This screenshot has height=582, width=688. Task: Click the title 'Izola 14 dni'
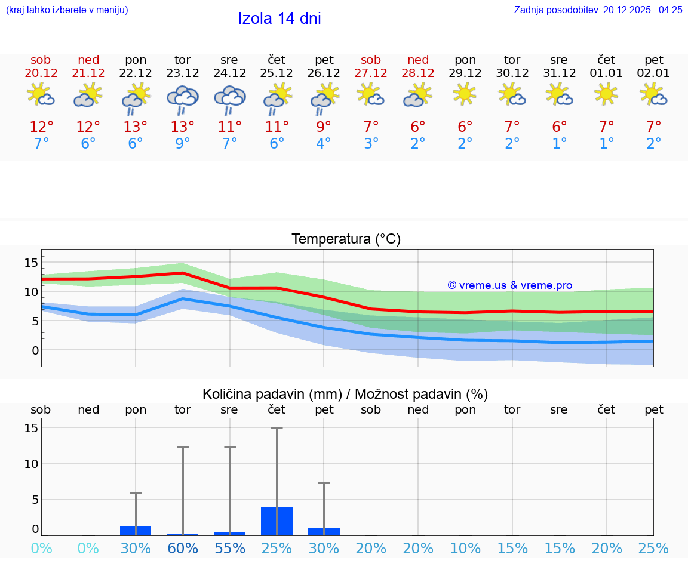tap(279, 19)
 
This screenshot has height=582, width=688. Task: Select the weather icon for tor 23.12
tap(182, 98)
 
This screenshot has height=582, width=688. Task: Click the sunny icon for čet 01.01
tap(606, 94)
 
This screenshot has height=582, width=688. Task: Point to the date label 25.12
tap(277, 73)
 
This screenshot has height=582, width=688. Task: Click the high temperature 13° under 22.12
tap(136, 127)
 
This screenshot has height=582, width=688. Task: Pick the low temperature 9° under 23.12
tap(182, 144)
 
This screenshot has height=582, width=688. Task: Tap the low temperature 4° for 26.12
tap(324, 144)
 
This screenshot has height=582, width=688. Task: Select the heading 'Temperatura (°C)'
tap(346, 239)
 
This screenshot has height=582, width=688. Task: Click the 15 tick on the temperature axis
tap(31, 263)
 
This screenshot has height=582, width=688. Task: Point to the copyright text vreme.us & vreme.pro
tap(509, 285)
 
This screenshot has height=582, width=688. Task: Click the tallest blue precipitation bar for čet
tap(277, 521)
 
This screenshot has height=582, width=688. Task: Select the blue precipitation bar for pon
tap(136, 531)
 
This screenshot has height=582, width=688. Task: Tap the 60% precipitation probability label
tap(182, 548)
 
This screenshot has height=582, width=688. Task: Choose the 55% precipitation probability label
tap(229, 548)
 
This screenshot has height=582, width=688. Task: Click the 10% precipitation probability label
tap(465, 548)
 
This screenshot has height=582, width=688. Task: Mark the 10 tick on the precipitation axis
tap(31, 464)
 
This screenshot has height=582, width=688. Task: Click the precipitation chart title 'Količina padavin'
tap(272, 394)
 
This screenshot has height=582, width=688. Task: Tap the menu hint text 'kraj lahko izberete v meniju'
tap(67, 10)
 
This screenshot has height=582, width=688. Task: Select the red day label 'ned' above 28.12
tap(418, 60)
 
